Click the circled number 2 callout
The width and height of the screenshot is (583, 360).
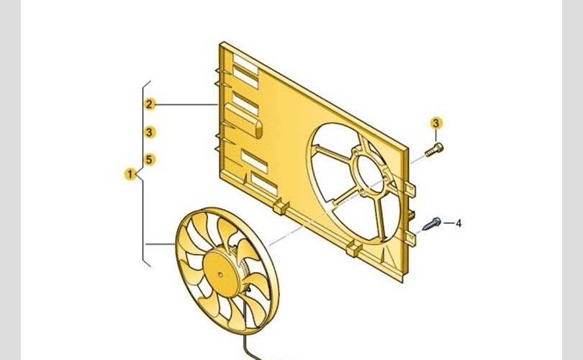(149, 104)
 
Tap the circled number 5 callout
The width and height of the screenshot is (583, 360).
(149, 159)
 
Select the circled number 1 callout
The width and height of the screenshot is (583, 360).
(130, 174)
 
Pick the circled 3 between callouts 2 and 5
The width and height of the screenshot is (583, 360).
(149, 132)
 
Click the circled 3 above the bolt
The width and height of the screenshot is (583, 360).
(436, 122)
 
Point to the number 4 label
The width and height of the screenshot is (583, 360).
(458, 223)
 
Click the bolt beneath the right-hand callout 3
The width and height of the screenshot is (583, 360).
(433, 150)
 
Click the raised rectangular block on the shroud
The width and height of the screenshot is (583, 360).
(243, 117)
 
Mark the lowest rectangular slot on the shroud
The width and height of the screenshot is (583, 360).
(263, 185)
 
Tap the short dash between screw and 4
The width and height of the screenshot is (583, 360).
(448, 223)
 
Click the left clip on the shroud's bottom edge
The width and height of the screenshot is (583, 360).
(280, 208)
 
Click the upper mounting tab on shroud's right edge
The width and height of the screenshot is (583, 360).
(410, 189)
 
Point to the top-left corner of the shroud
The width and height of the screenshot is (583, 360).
(222, 45)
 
